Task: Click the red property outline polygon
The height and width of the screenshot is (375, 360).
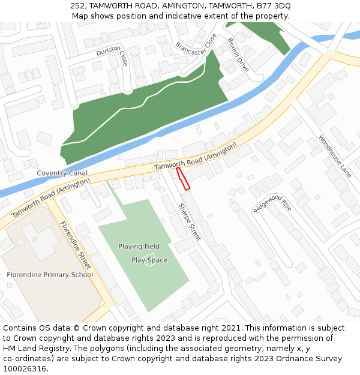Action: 183,179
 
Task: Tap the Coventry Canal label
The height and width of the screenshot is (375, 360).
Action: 62,173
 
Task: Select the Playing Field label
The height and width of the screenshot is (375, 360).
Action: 139,247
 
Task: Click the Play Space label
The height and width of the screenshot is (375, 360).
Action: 149,260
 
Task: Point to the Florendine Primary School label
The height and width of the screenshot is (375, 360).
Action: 50,275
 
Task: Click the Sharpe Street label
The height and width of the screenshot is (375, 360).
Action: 189,222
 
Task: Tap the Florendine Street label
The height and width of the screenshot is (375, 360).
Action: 75,245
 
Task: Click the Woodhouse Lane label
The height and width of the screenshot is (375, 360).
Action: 334,156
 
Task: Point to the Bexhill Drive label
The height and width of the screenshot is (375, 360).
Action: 238,55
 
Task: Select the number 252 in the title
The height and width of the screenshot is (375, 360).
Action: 77,5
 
